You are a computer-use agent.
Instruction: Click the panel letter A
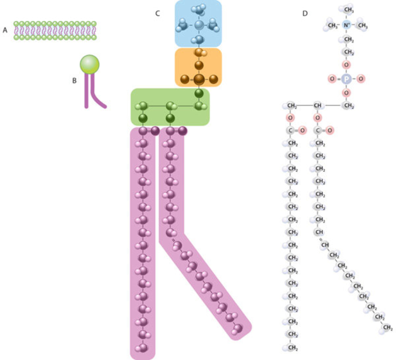tap(5, 30)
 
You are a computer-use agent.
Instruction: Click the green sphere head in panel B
tap(90, 64)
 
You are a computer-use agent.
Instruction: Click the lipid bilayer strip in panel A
tap(55, 30)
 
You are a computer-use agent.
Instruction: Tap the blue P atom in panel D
tap(346, 78)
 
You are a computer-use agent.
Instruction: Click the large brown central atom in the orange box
tap(199, 78)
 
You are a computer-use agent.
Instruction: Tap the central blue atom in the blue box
tap(199, 24)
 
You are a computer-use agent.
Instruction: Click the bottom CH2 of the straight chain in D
tap(292, 348)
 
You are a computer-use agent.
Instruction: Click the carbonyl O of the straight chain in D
tap(301, 131)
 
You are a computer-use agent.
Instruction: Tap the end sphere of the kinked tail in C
tap(239, 328)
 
